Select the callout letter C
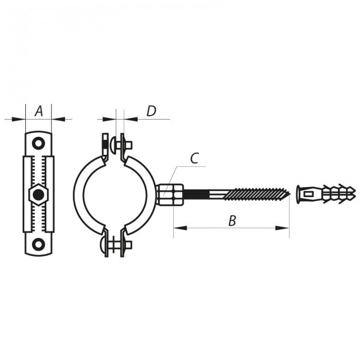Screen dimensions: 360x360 pyautogui.click(x=194, y=158)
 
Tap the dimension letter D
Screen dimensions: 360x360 pyautogui.click(x=151, y=111)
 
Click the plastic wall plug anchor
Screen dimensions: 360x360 pyautogui.click(x=327, y=194)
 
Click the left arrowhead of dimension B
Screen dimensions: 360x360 pyautogui.click(x=178, y=227)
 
